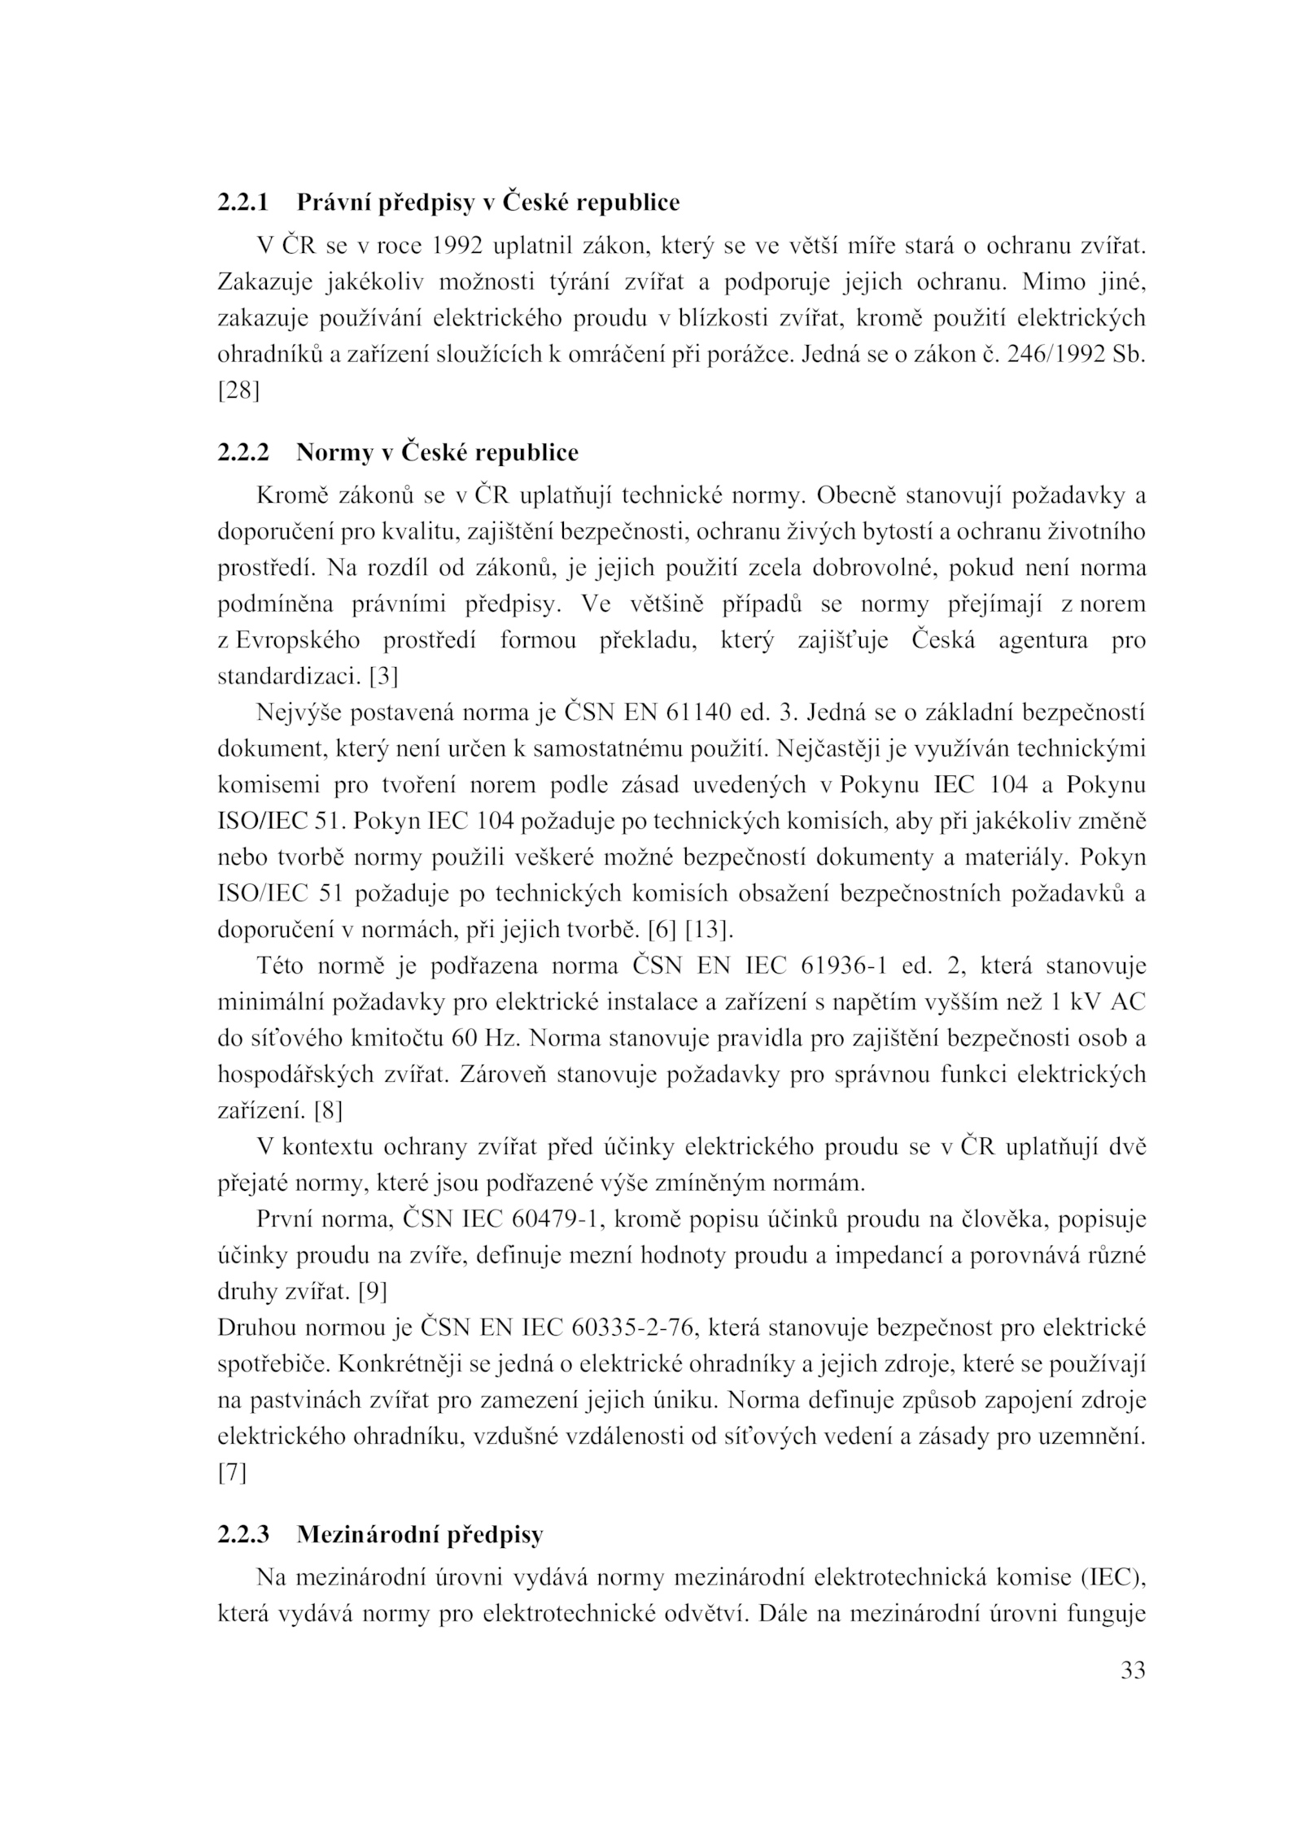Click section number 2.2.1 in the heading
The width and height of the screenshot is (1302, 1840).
[x=242, y=202]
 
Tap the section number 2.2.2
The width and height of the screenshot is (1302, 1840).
[x=242, y=452]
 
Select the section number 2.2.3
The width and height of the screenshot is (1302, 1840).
[x=242, y=1535]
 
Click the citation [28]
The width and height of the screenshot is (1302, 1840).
[x=238, y=391]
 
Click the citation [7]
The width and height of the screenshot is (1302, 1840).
[x=232, y=1472]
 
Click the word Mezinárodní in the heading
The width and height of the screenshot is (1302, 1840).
[x=366, y=1535]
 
